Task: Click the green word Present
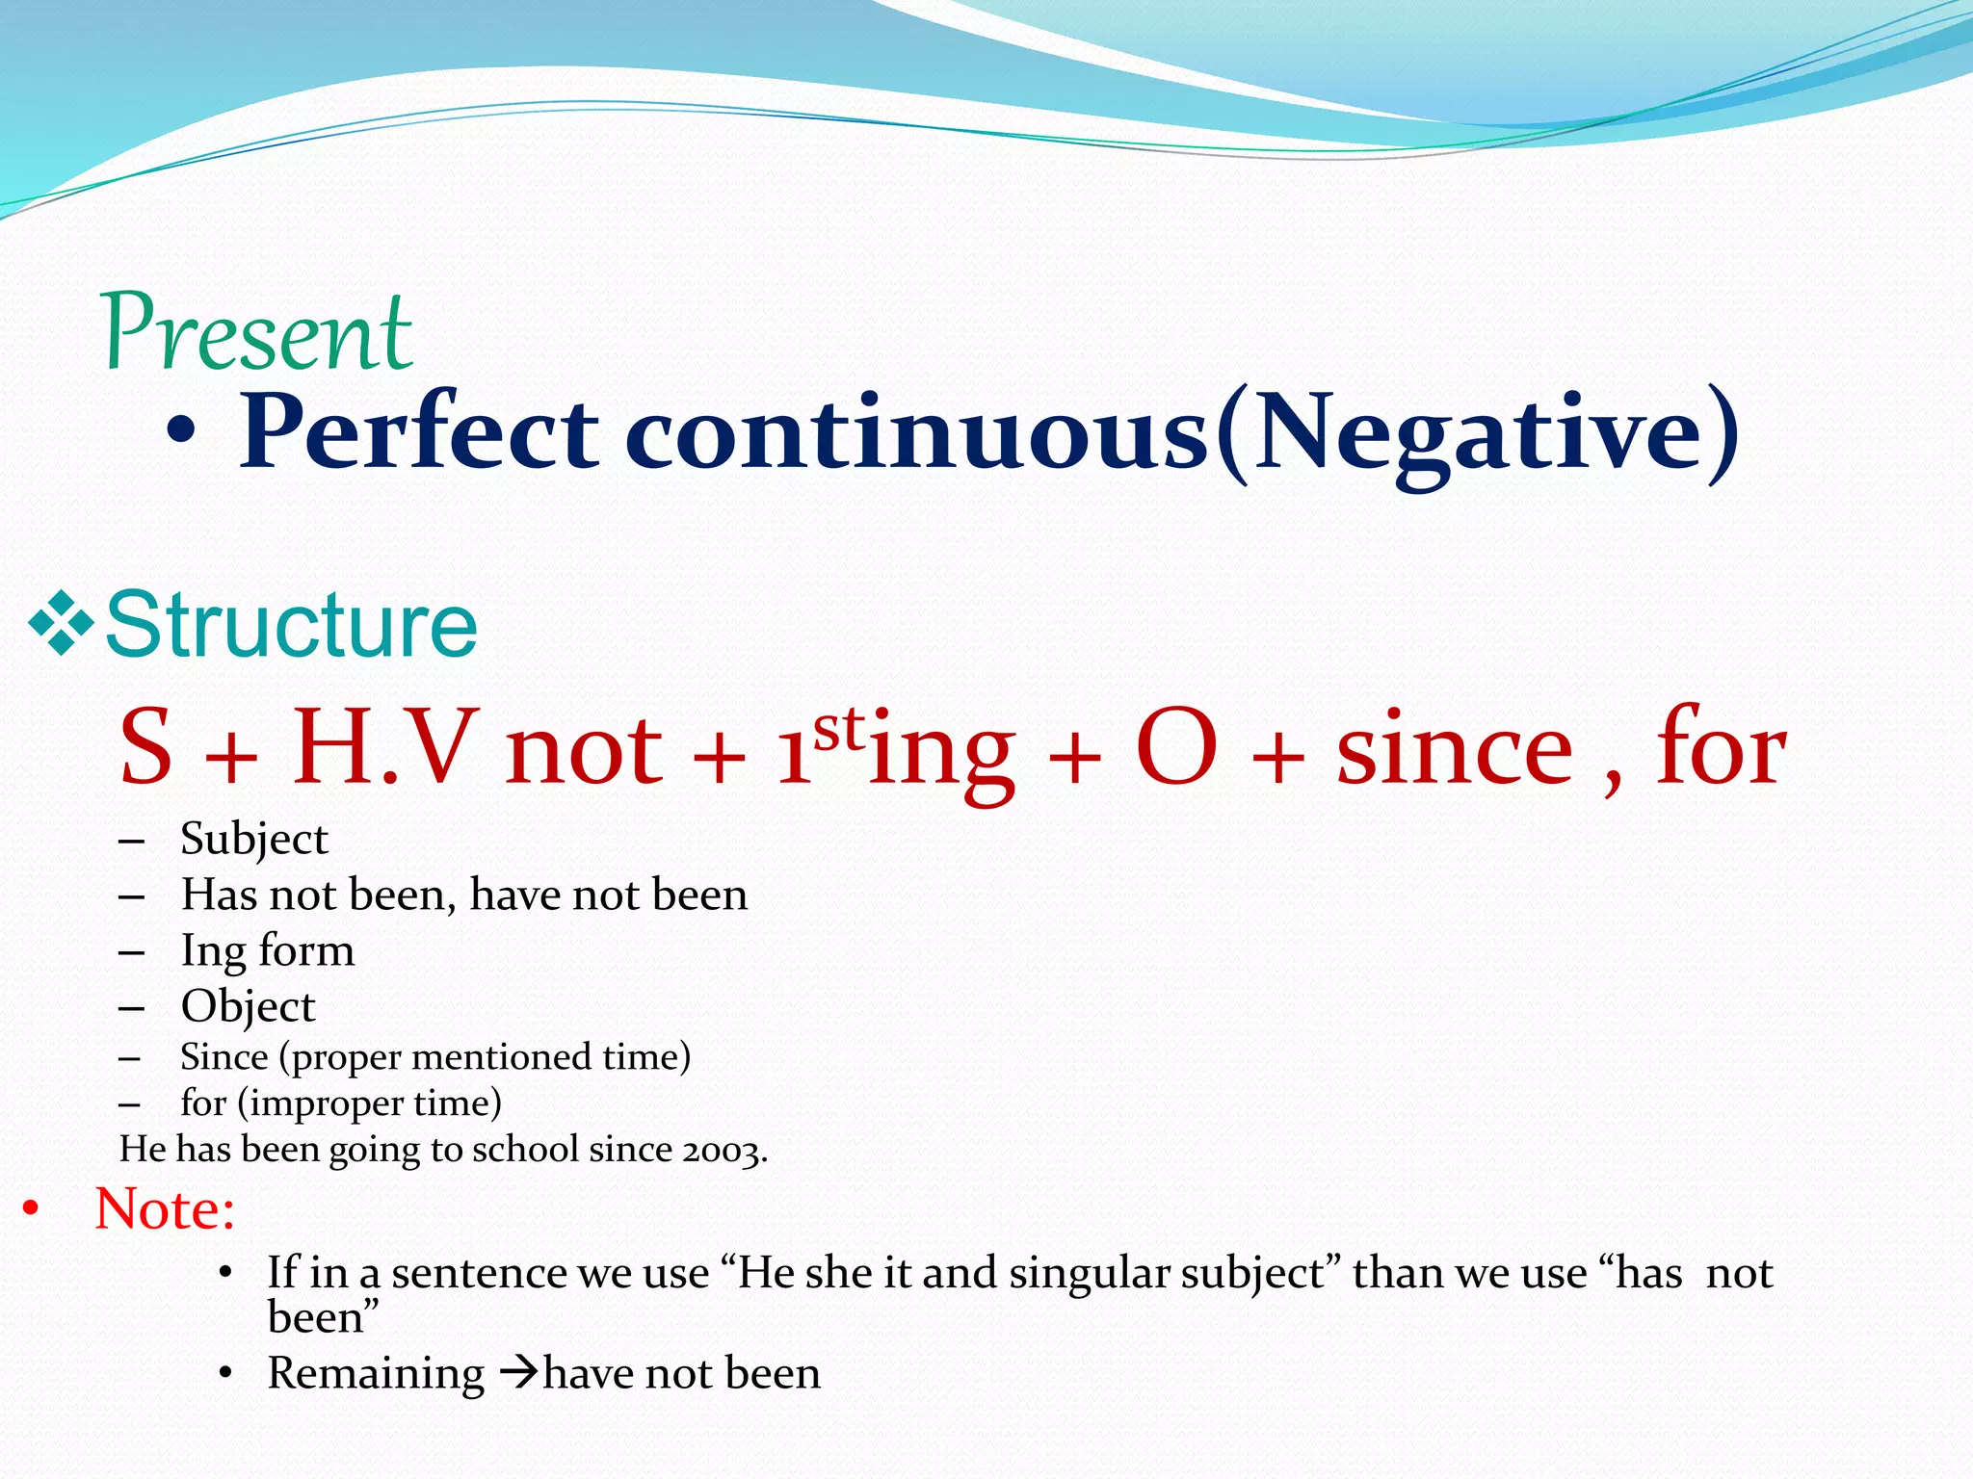tap(258, 332)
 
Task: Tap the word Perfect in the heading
tap(419, 433)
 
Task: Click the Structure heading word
tap(291, 626)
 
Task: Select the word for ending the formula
tap(1721, 746)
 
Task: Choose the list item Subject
tap(254, 839)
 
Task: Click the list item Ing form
tap(268, 950)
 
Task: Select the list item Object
tap(248, 1006)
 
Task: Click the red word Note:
tap(165, 1208)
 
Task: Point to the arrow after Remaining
tap(518, 1372)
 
